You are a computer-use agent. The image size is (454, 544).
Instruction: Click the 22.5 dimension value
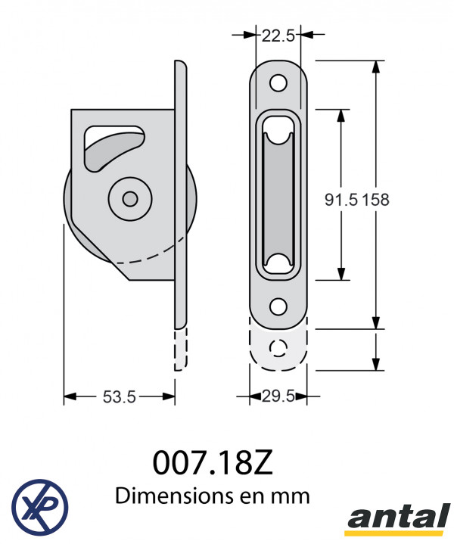pyautogui.click(x=278, y=36)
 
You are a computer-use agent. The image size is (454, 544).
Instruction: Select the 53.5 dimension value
pyautogui.click(x=119, y=397)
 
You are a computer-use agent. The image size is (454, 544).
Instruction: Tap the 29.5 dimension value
pyautogui.click(x=278, y=396)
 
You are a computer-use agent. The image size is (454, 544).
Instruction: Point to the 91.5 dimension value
pyautogui.click(x=340, y=200)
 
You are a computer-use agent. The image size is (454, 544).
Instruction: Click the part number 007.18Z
pyautogui.click(x=213, y=463)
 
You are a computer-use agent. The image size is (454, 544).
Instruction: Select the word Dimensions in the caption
pyautogui.click(x=174, y=496)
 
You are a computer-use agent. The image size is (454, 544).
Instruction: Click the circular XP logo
pyautogui.click(x=40, y=507)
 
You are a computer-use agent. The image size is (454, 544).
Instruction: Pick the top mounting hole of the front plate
pyautogui.click(x=278, y=83)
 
